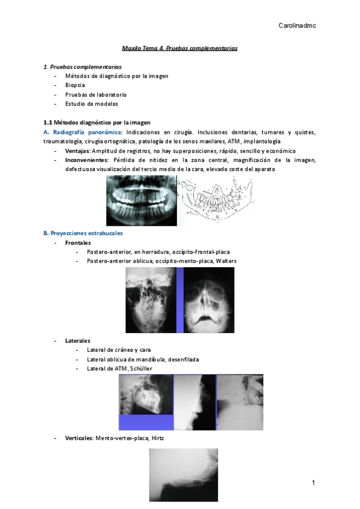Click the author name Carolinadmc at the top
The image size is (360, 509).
point(298,26)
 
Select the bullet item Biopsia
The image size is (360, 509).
point(76,85)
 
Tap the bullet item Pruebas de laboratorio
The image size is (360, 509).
point(95,94)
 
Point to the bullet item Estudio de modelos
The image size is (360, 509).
point(91,103)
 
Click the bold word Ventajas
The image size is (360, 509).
point(77,151)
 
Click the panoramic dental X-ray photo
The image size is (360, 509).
point(142,201)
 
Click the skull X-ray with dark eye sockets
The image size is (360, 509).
point(209,300)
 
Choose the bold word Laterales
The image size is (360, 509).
point(78,340)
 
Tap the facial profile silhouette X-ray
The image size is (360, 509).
point(194,402)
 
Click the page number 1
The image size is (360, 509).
point(313,483)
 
